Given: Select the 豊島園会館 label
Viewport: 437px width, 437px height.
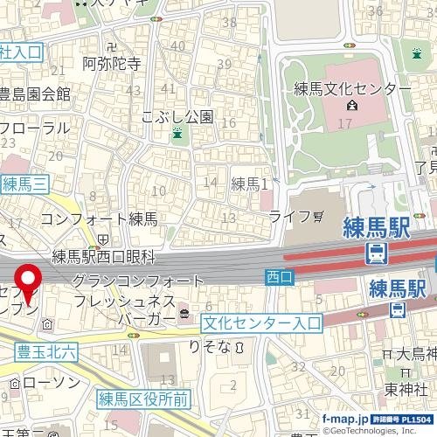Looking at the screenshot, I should tap(36, 94).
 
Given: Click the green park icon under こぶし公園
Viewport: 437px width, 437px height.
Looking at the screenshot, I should tap(177, 134).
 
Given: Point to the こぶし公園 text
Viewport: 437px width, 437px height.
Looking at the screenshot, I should tap(178, 115).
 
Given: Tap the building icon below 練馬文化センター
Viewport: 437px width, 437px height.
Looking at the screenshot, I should tap(351, 107).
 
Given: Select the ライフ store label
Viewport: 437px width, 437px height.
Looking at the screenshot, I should tap(289, 215).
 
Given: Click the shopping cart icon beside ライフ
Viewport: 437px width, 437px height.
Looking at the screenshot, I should tap(317, 215).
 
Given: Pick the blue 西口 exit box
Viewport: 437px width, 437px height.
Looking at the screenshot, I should tap(278, 276).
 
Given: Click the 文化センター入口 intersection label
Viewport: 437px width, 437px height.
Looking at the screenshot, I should tap(260, 323).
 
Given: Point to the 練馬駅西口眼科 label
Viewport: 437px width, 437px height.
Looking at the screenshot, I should tap(102, 256).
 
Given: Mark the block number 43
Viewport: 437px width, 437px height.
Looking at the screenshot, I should tap(134, 91).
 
